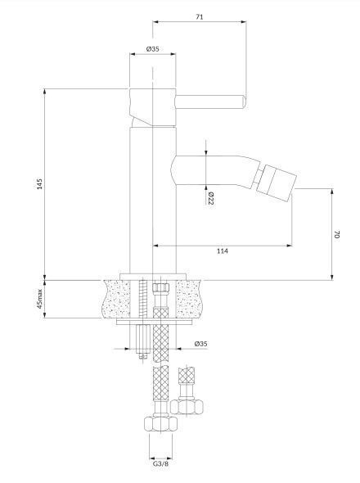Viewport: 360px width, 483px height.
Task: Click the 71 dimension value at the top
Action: coord(200,17)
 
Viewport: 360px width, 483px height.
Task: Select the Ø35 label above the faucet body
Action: coord(153,48)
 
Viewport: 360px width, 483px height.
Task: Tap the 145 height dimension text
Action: coord(40,183)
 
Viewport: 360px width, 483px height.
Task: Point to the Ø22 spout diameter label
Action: coord(211,198)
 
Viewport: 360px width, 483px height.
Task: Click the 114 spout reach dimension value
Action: coord(223,251)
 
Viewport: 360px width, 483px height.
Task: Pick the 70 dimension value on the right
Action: coord(336,234)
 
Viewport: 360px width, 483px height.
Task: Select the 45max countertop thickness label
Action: coord(40,299)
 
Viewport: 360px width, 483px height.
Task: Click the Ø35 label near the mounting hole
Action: coord(200,344)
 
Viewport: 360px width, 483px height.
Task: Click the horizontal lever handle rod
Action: coord(210,102)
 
